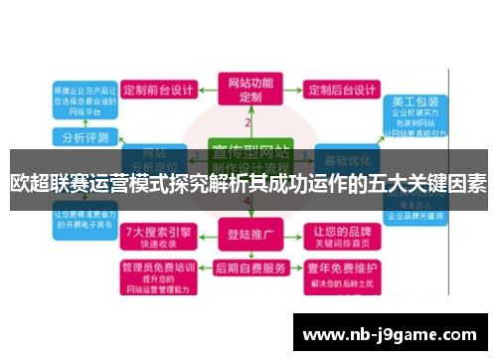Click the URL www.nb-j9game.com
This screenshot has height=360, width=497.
(390, 333)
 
